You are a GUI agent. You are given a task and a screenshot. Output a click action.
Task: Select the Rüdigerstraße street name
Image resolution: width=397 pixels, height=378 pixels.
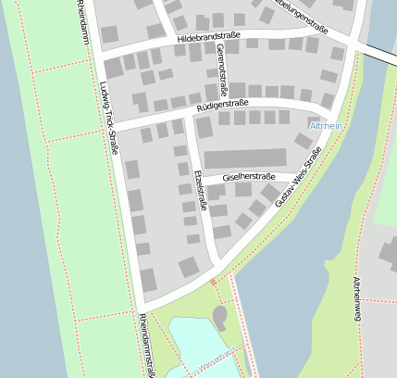click(222, 107)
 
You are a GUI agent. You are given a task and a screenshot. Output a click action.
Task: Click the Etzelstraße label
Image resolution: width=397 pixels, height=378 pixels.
click(199, 189)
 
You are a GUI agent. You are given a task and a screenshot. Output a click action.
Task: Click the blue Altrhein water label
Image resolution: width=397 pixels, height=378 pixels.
click(329, 125)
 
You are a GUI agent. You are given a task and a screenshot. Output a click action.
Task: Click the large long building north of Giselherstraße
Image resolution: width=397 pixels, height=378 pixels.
click(245, 158)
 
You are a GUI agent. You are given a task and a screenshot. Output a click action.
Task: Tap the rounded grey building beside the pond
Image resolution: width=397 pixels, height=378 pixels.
click(220, 318)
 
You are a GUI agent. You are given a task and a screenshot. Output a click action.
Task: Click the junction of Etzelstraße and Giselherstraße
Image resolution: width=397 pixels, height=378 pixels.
click(203, 184)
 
